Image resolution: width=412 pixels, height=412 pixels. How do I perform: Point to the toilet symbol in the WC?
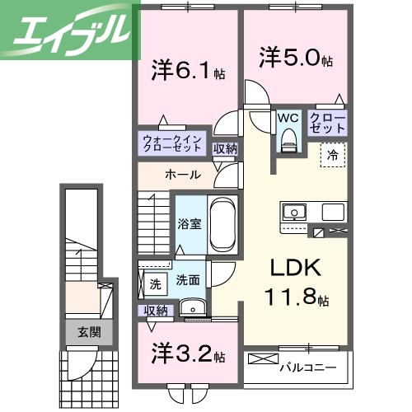(x=288, y=142)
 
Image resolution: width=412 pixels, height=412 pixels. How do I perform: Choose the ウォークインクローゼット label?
(x=172, y=145)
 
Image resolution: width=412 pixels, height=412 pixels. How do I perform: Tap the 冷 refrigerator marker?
(x=334, y=153)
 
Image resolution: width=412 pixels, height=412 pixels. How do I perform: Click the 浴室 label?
(x=188, y=224)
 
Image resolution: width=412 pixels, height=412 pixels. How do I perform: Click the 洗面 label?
(x=188, y=280)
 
